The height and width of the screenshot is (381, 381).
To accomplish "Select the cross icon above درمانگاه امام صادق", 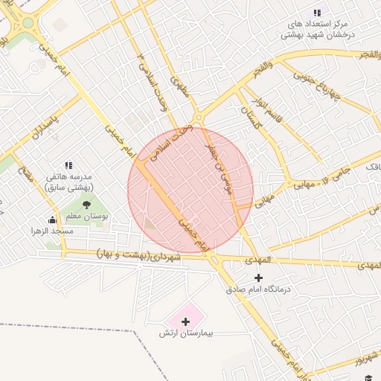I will coord(258,278).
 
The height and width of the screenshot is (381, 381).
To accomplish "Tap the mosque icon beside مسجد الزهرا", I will coord(52,220).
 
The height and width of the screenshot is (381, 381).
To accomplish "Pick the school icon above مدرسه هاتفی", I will coord(68,165).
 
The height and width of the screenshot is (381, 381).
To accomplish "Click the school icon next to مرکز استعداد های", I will coord(318,13).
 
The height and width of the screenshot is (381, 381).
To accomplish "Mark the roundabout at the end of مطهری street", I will coord(198,118).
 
